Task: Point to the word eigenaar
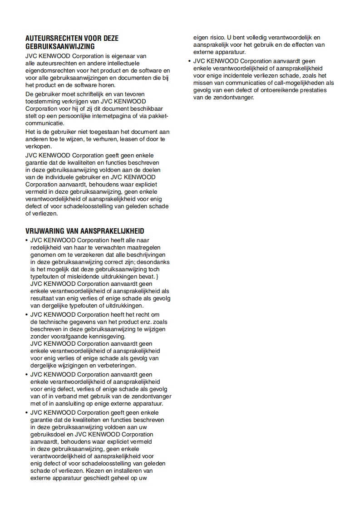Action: pos(132,56)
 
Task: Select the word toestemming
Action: pos(42,101)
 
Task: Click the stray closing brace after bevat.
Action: pos(157,277)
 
